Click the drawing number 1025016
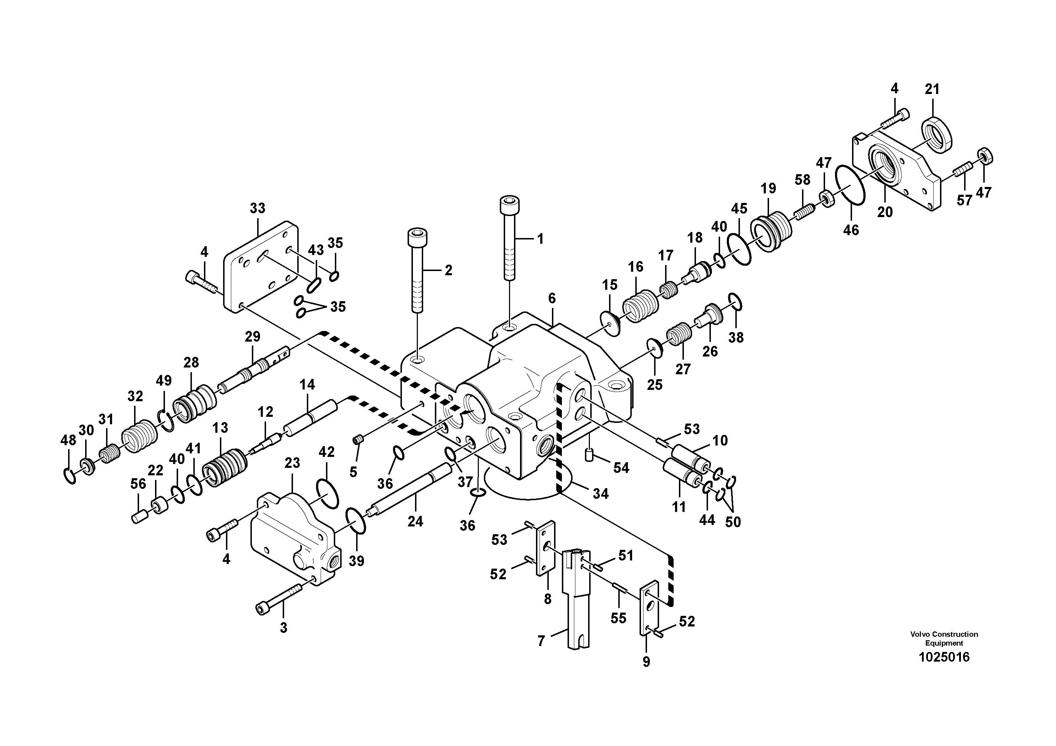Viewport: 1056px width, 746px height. [x=944, y=657]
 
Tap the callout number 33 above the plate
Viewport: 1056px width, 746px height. [x=258, y=208]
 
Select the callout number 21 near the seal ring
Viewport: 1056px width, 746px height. [x=932, y=89]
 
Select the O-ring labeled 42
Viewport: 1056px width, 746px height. [x=327, y=493]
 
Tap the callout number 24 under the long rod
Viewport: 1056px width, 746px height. [x=415, y=521]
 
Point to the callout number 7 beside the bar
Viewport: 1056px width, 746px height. [x=541, y=641]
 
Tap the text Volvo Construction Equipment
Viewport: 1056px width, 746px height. [x=944, y=639]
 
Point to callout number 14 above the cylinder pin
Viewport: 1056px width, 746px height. [x=307, y=385]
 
